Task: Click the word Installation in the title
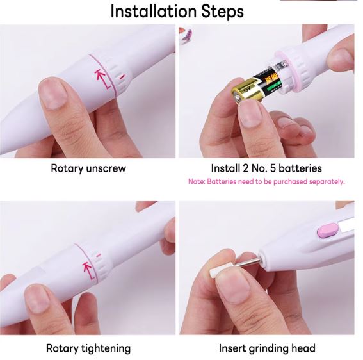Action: pyautogui.click(x=154, y=12)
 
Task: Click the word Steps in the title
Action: pyautogui.click(x=223, y=12)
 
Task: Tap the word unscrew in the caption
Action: pyautogui.click(x=106, y=168)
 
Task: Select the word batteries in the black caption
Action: pyautogui.click(x=300, y=168)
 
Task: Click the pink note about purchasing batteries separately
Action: pyautogui.click(x=266, y=181)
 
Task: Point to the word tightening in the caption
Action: pyautogui.click(x=106, y=348)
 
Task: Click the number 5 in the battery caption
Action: pyautogui.click(x=273, y=168)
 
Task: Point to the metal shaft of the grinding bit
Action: pyautogui.click(x=248, y=263)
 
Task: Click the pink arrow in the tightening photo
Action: pyautogui.click(x=89, y=271)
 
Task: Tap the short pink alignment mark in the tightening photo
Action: pyautogui.click(x=99, y=256)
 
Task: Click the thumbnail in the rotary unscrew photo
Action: pyautogui.click(x=53, y=94)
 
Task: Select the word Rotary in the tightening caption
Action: pyautogui.click(x=62, y=348)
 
